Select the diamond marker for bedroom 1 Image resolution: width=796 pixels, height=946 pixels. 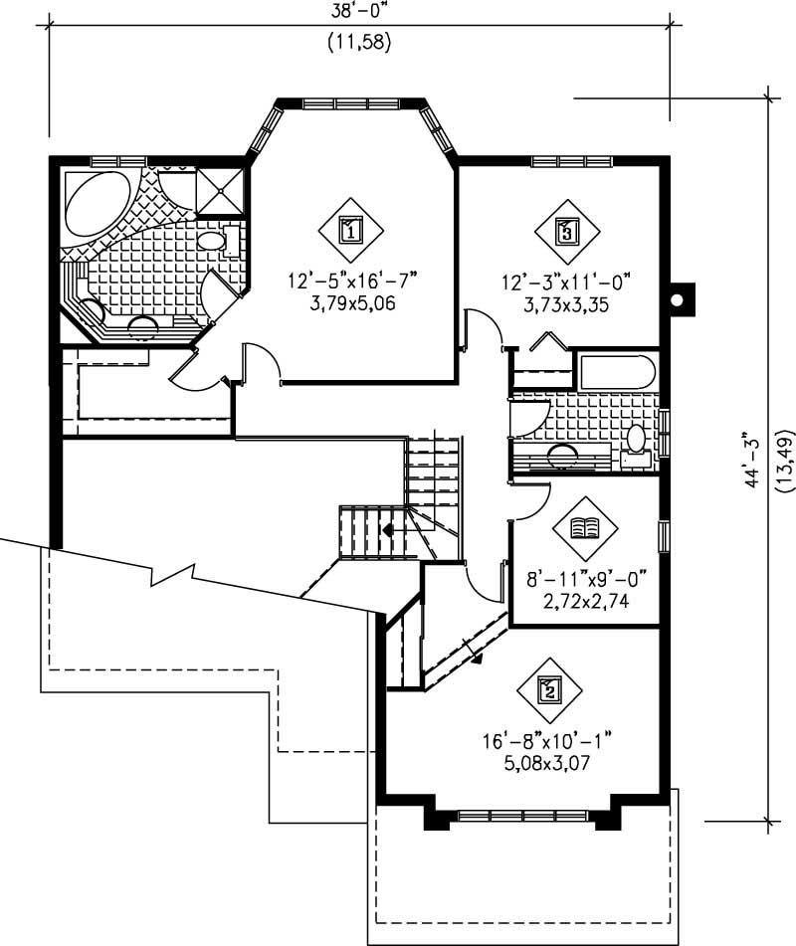tap(349, 232)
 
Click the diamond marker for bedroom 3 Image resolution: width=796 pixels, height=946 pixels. tap(566, 233)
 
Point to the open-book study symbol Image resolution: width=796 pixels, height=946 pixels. tap(582, 527)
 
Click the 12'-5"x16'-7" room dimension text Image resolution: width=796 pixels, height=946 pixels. tap(353, 283)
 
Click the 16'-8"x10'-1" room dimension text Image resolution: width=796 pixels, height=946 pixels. tap(546, 740)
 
